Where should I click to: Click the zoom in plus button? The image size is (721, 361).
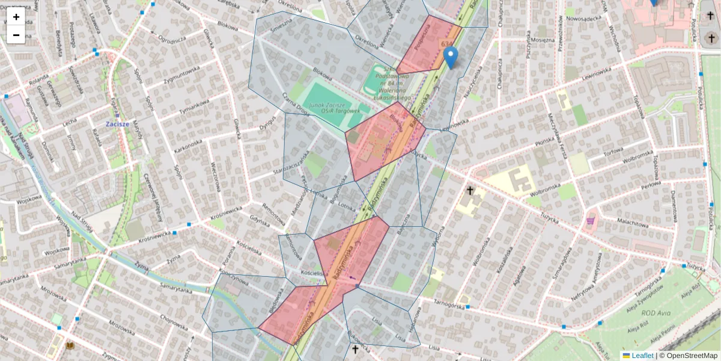(16, 16)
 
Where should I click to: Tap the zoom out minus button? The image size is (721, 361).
(16, 35)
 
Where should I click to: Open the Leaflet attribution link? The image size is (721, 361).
(642, 356)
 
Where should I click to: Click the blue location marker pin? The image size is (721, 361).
(451, 58)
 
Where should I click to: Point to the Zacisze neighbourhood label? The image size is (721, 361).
(117, 124)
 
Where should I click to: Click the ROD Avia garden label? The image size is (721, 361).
(656, 313)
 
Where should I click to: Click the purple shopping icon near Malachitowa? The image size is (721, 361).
(591, 220)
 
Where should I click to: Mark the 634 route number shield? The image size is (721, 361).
(447, 44)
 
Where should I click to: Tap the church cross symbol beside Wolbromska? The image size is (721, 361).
(470, 191)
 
